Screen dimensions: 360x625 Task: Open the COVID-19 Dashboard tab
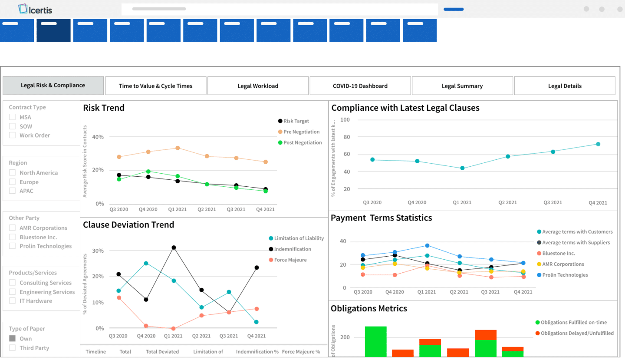360,86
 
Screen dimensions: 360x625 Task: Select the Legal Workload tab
258,86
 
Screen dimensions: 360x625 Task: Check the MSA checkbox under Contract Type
13,117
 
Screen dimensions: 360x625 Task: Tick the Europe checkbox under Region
13,182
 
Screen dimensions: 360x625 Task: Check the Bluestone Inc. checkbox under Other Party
13,237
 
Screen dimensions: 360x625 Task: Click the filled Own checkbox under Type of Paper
13,338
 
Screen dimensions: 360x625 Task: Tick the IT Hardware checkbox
13,301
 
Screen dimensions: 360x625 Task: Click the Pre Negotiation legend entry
301,132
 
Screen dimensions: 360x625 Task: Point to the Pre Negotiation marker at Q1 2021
178,148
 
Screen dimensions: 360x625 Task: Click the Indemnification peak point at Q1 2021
174,248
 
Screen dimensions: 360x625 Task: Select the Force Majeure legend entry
290,260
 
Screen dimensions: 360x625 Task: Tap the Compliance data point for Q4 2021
598,144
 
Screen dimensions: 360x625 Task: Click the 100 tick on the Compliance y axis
345,119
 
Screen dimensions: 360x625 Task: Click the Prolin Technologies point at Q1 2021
427,246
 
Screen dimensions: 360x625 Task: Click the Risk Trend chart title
104,108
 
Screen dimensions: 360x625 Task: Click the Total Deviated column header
162,352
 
